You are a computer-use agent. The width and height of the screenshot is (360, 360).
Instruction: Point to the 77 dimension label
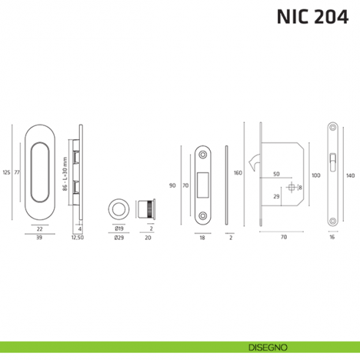[x=17, y=173]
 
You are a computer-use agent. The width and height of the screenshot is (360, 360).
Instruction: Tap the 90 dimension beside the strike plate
[x=172, y=185]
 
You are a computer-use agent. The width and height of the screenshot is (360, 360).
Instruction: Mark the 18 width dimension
[x=203, y=238]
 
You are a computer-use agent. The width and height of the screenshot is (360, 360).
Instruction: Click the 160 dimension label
[x=238, y=173]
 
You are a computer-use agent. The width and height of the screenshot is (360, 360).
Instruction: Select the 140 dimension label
[x=350, y=176]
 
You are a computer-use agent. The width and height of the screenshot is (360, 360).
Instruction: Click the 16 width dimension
[x=331, y=238]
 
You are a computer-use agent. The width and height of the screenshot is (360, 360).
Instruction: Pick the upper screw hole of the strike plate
[x=203, y=154]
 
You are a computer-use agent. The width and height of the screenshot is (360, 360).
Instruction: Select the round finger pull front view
[x=117, y=208]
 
